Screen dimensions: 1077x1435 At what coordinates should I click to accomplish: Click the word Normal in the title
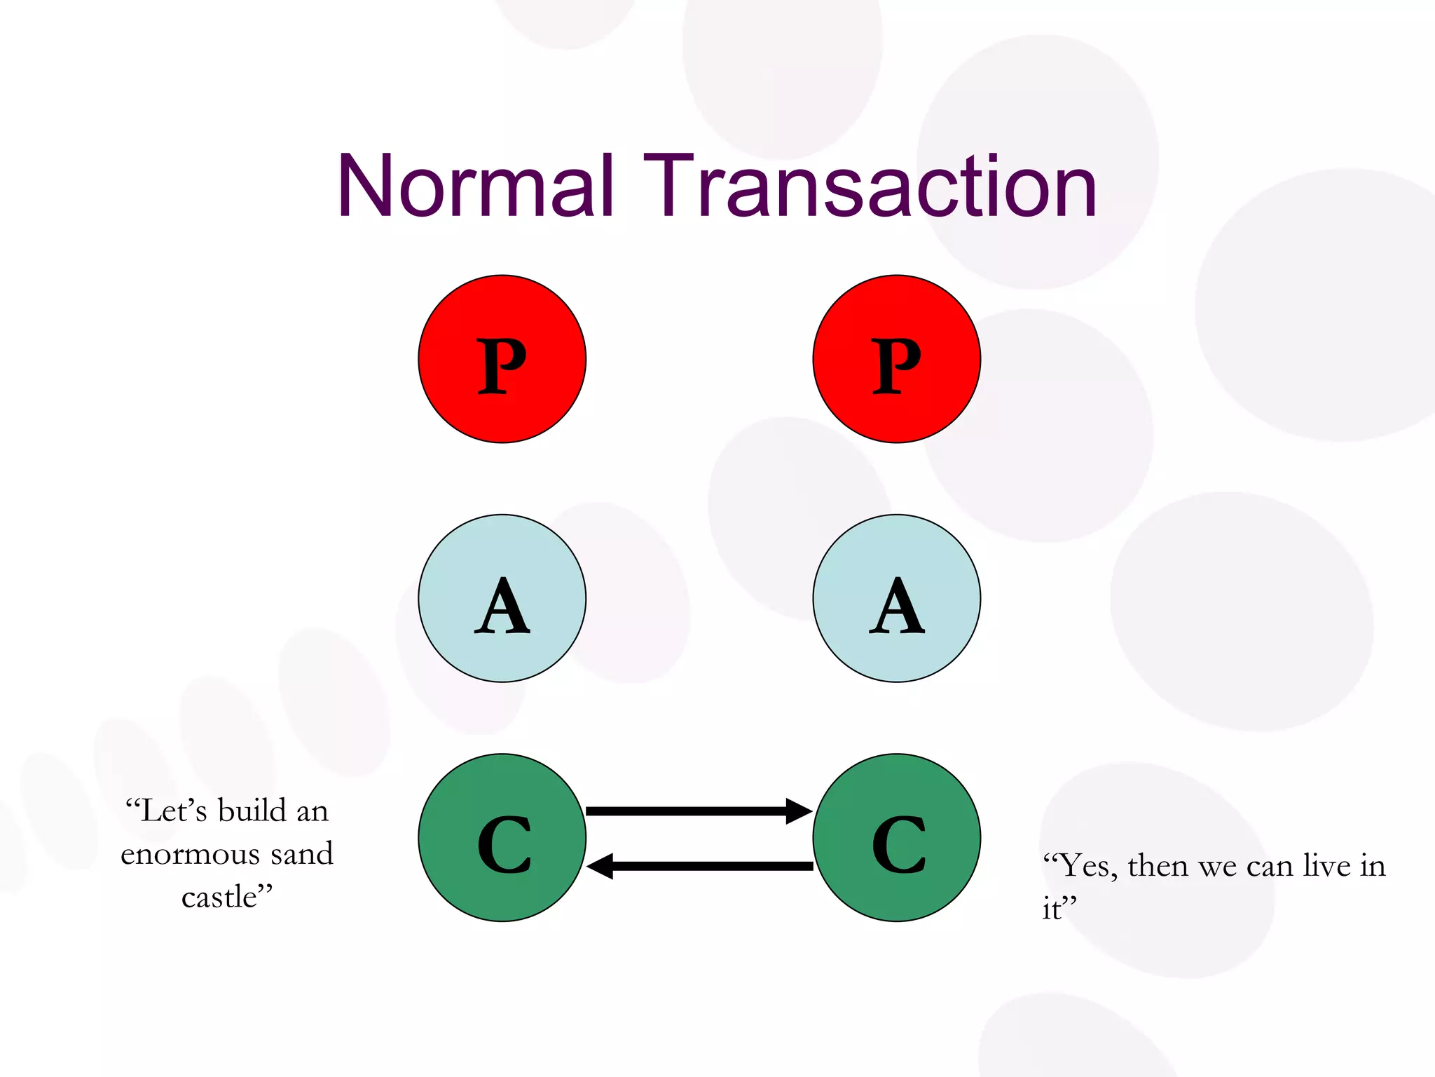[476, 187]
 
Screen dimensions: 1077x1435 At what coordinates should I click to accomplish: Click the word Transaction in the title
[870, 187]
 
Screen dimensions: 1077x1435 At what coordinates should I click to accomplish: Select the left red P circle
[502, 359]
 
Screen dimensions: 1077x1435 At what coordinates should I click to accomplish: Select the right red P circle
[896, 359]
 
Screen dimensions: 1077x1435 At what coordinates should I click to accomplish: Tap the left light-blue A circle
[502, 598]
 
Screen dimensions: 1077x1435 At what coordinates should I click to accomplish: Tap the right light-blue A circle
[896, 598]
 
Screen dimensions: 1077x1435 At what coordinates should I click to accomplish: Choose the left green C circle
[502, 838]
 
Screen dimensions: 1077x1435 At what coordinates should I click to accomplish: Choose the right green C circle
[896, 838]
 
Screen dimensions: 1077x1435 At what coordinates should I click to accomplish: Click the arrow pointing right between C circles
[687, 811]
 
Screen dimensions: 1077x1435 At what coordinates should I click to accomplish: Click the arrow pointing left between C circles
[708, 866]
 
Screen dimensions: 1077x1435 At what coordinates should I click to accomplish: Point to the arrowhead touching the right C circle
[799, 811]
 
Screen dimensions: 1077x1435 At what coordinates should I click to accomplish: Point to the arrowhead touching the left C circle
[600, 866]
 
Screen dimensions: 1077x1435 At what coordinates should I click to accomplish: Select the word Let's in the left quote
[172, 811]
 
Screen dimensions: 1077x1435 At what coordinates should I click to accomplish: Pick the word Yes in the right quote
[1085, 866]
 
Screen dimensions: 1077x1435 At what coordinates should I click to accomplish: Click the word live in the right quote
[1326, 866]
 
